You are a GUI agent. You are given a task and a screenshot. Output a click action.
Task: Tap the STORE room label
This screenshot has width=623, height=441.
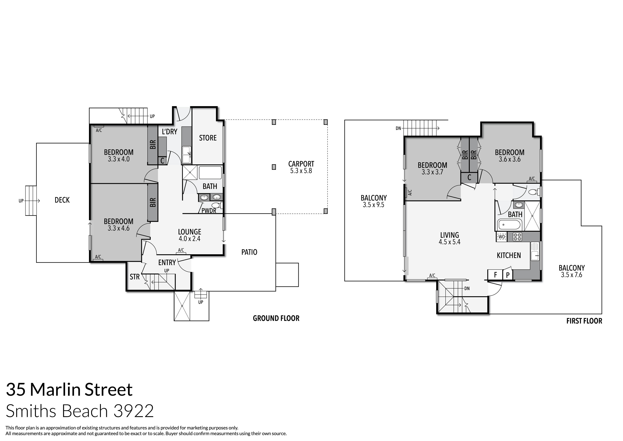pyautogui.click(x=208, y=138)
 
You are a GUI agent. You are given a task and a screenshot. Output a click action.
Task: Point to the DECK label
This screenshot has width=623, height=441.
pyautogui.click(x=62, y=200)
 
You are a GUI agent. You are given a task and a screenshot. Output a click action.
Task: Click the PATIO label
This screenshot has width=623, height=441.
pyautogui.click(x=249, y=252)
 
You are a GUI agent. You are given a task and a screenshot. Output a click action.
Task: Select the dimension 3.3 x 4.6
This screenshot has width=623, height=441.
pyautogui.click(x=119, y=229)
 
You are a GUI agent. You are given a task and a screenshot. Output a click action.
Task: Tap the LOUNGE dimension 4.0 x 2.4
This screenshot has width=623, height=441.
pyautogui.click(x=189, y=239)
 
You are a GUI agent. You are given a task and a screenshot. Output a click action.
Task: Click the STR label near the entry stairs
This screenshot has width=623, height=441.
pyautogui.click(x=135, y=277)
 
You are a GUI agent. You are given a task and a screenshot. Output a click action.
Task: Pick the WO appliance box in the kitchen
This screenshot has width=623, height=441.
pyautogui.click(x=502, y=237)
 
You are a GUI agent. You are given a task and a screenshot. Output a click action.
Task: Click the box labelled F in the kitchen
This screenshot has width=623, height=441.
pyautogui.click(x=495, y=275)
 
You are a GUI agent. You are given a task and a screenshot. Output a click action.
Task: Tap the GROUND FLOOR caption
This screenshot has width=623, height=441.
pyautogui.click(x=276, y=318)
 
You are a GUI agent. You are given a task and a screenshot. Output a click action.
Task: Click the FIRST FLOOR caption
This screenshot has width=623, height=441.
pyautogui.click(x=584, y=321)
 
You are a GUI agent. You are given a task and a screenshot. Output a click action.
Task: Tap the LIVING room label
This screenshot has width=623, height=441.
pyautogui.click(x=449, y=235)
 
